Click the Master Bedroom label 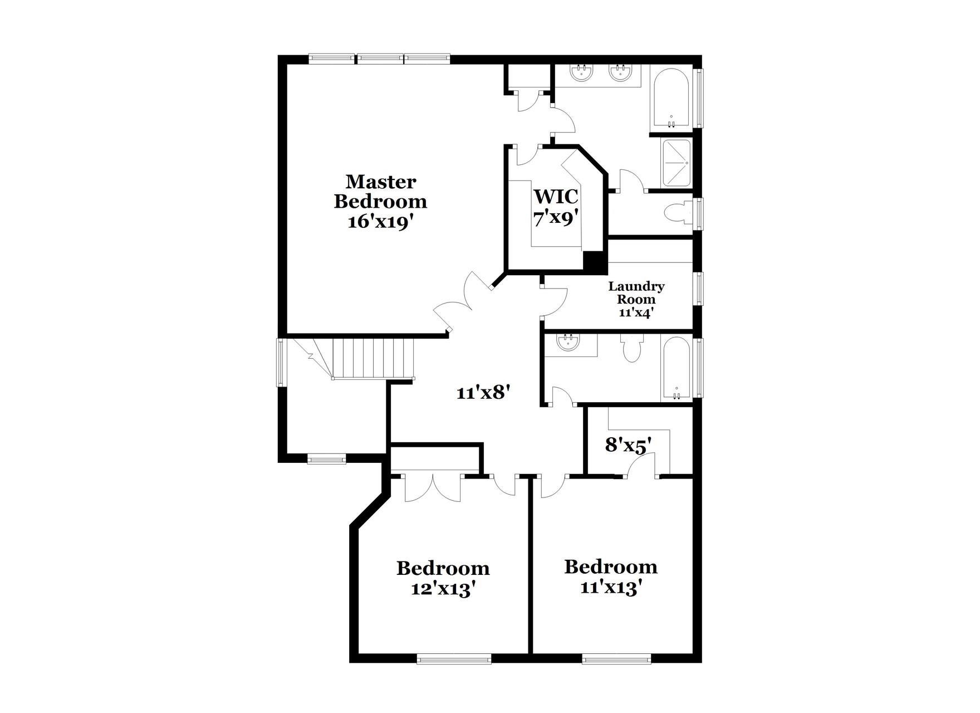(380, 191)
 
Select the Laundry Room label (636, 293)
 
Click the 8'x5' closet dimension (628, 445)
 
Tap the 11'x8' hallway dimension (483, 393)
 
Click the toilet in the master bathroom (678, 213)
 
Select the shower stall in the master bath (676, 163)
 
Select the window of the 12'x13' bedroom (454, 658)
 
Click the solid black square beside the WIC (594, 262)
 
